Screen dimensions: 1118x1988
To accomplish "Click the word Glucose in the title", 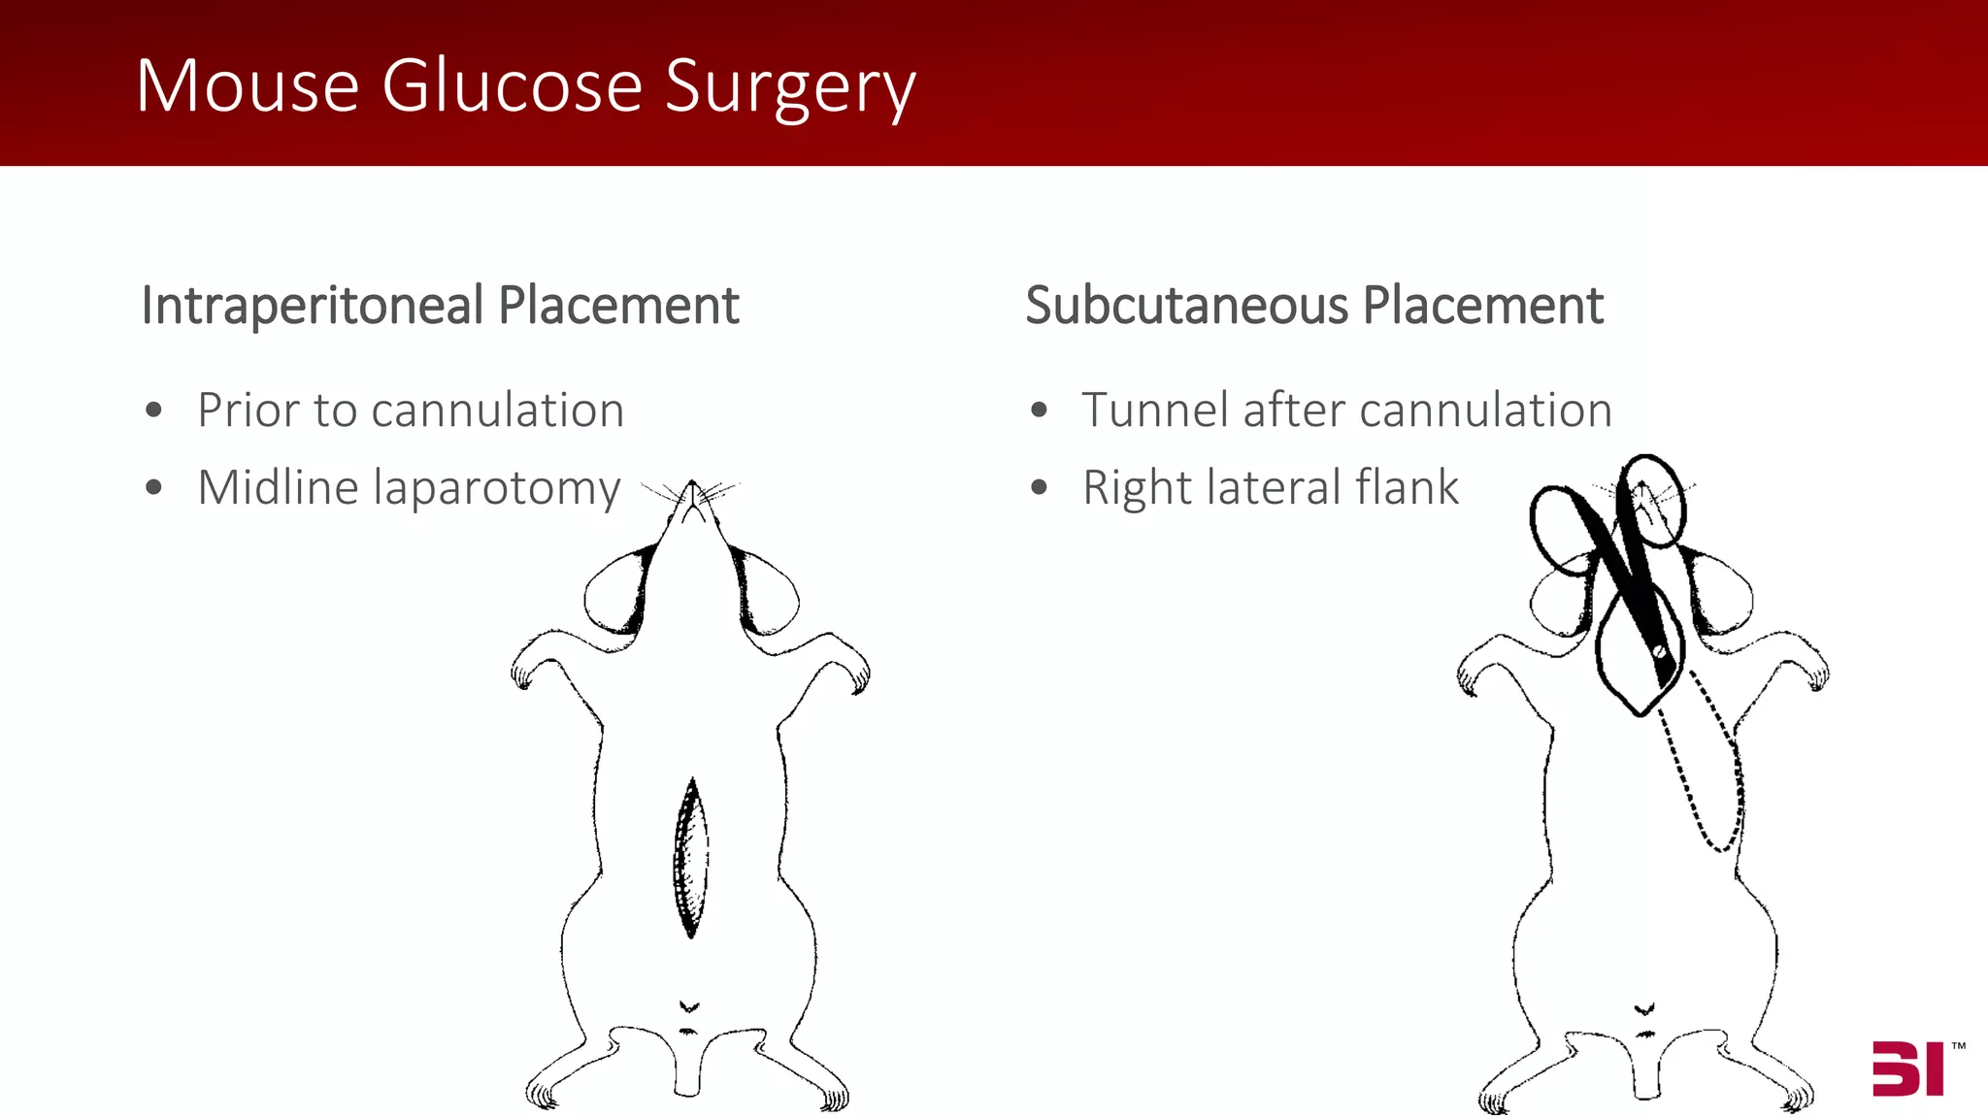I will [x=512, y=86].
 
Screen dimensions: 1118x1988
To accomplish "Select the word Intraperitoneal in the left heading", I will [x=313, y=306].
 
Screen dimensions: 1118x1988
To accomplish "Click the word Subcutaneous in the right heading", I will [x=1186, y=306].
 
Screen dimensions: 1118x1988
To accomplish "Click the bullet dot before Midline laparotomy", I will [x=153, y=487].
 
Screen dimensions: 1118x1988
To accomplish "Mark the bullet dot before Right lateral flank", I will [x=1040, y=487].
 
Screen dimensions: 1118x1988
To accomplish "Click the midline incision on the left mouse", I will [x=690, y=859].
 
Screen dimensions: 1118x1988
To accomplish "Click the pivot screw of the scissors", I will [x=1659, y=651].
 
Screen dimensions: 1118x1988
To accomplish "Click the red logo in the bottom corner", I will [x=1907, y=1069].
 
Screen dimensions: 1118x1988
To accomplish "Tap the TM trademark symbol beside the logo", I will [x=1958, y=1046].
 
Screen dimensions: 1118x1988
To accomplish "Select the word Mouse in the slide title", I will [x=248, y=86].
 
